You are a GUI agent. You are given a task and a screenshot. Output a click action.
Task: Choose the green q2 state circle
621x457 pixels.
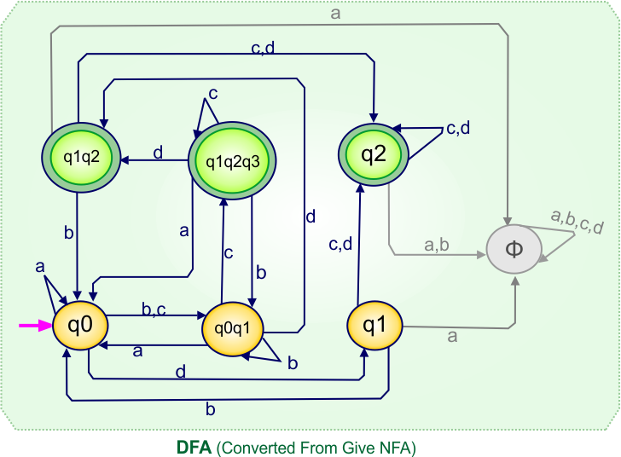coord(373,154)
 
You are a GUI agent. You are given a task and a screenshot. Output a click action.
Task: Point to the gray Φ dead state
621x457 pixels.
coord(514,250)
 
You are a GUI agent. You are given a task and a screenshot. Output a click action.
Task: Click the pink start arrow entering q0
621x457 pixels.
coord(35,325)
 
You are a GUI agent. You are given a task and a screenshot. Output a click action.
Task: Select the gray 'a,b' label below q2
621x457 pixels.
coord(437,245)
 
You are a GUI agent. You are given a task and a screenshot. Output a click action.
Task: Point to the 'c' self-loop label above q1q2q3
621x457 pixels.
coord(213,92)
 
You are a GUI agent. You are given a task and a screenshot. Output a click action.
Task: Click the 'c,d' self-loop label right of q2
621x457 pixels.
coord(459,129)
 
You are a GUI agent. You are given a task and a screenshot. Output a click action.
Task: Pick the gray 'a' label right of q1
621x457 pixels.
coord(452,336)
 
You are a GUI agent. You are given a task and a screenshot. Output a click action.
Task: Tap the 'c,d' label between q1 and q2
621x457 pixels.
coord(340,245)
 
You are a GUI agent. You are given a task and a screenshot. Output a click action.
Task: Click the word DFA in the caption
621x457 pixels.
coord(194,447)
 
